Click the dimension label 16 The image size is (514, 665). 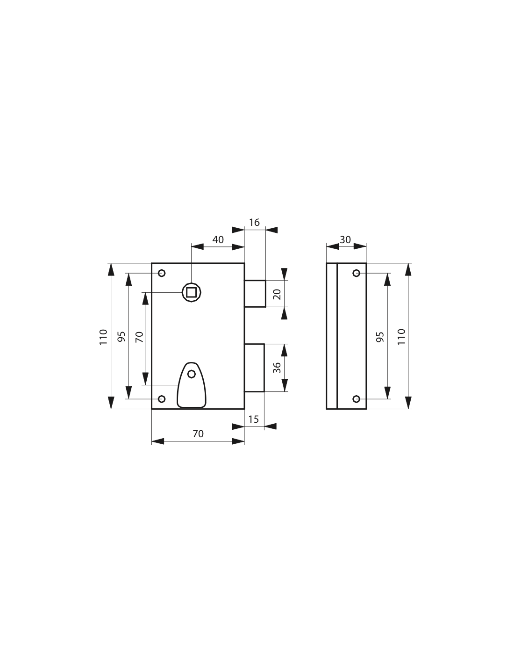coord(254,223)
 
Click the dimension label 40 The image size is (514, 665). coord(218,239)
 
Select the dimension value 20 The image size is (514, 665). coord(277,295)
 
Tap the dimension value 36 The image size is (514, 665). coord(277,368)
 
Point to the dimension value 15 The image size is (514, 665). coord(253,419)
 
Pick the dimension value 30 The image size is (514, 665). coord(345,239)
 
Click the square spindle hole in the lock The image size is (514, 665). coord(192,293)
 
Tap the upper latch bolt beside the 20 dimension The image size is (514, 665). coord(255,294)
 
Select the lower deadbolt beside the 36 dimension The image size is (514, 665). coord(254,368)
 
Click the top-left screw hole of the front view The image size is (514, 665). coord(162,273)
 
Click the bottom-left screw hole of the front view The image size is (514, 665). coord(162,399)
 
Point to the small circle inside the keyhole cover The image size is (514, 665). coord(192,374)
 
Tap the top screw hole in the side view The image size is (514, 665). coord(356,273)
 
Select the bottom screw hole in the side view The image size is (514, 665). coord(356,399)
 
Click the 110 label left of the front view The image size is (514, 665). coord(103,337)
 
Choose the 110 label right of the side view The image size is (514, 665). coord(401,337)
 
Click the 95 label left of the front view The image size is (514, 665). coord(121,337)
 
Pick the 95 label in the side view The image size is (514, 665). coord(380,337)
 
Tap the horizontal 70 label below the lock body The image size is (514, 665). coord(198,434)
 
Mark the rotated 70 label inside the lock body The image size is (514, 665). coord(139,337)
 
